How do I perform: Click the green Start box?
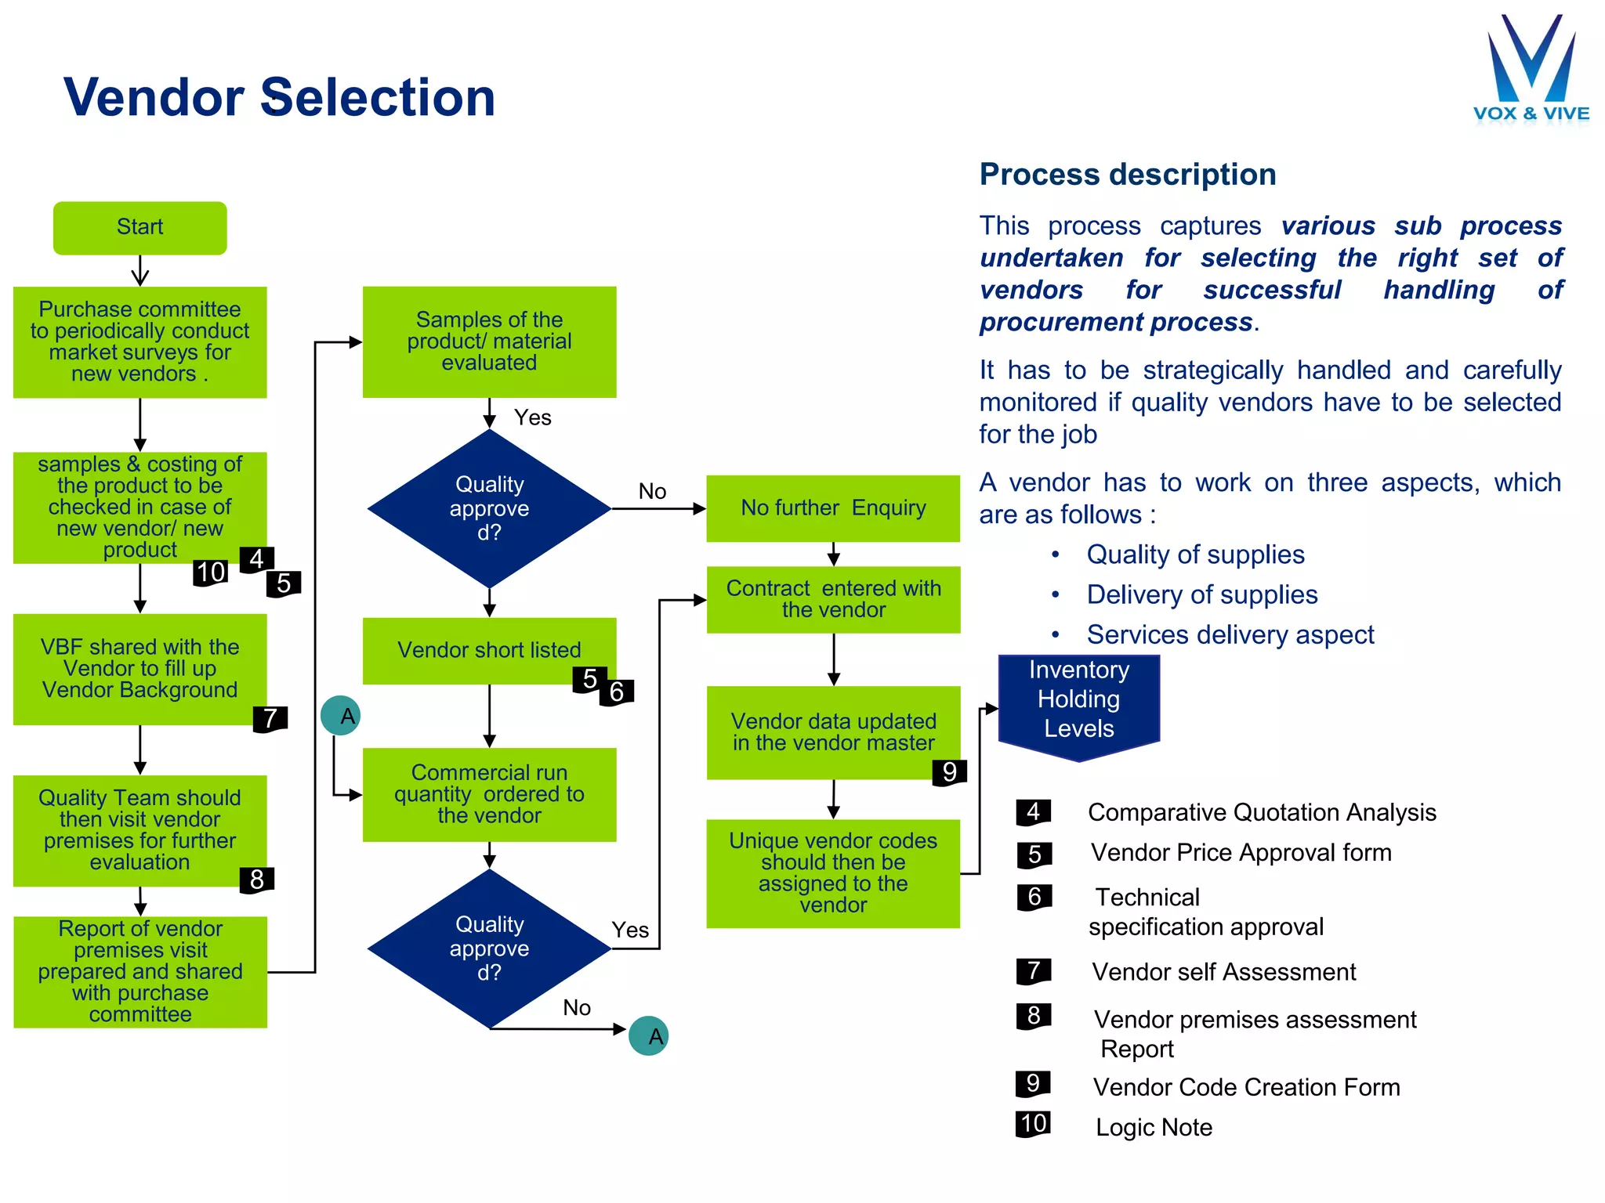tap(139, 227)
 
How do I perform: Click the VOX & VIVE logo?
tap(1531, 71)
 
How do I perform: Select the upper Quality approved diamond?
tap(489, 508)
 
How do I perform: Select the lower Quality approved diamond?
tap(489, 948)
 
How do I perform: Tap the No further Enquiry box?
tap(833, 508)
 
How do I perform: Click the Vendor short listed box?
tap(489, 650)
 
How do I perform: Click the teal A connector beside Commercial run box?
tap(340, 715)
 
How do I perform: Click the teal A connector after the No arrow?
tap(648, 1036)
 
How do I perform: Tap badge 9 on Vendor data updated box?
tap(949, 772)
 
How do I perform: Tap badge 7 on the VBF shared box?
tap(270, 718)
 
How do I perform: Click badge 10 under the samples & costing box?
tap(210, 573)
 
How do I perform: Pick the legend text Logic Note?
tap(1153, 1127)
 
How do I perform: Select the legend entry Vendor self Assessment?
tap(1223, 972)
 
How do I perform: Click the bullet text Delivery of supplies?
tap(1201, 594)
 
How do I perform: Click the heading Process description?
tap(1127, 174)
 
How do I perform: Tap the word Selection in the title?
tap(377, 98)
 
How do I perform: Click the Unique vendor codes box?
tap(833, 873)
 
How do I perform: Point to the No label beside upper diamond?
tap(652, 491)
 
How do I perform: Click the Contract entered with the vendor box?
tap(833, 599)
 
